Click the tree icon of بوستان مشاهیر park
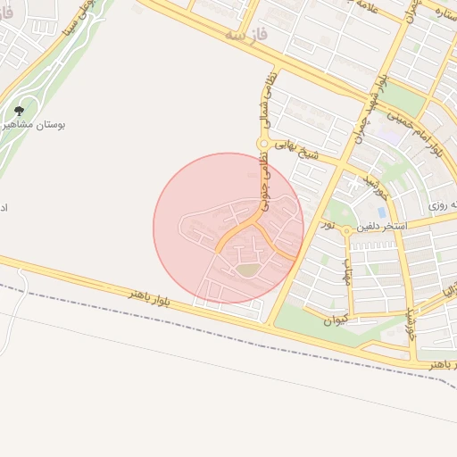click(19, 112)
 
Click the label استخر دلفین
click(382, 227)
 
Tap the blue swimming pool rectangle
click(382, 212)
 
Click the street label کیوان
click(336, 319)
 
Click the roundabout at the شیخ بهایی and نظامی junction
click(263, 144)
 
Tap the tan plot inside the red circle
click(246, 269)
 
